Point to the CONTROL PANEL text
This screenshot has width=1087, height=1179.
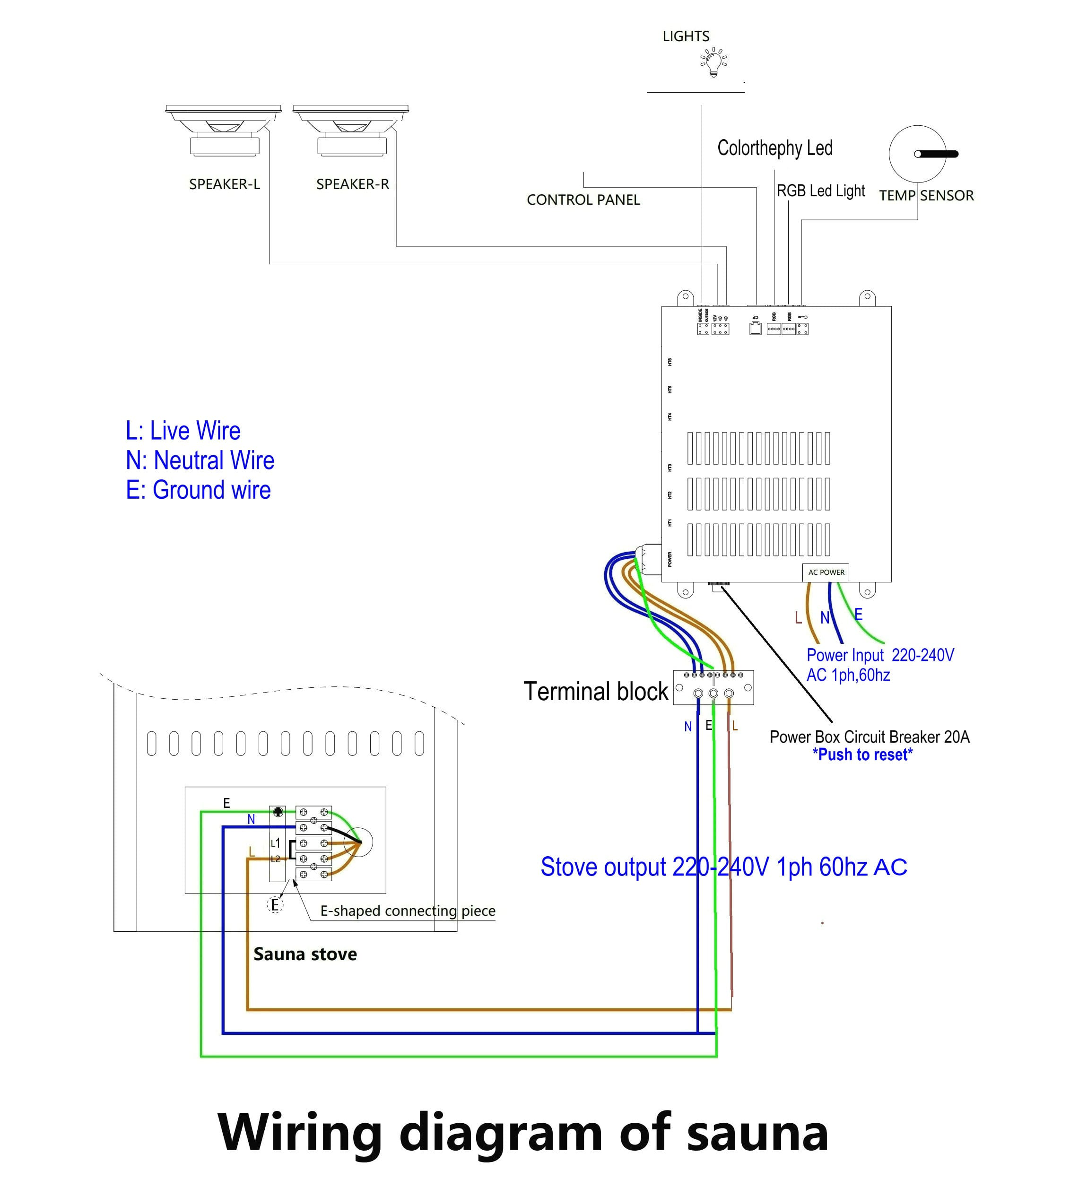583,200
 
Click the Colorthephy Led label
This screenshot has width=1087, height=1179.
774,148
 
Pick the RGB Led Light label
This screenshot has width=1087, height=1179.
820,191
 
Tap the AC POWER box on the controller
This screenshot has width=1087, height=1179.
826,572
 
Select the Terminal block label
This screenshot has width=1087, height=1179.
595,692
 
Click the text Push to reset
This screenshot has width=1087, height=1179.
862,754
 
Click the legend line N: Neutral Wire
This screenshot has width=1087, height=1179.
200,460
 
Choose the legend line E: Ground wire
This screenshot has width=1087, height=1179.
198,490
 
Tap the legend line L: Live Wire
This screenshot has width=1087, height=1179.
183,431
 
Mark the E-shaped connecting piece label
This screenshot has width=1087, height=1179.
408,911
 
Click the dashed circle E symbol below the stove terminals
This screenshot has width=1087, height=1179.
275,905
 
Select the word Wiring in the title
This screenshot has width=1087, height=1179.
300,1132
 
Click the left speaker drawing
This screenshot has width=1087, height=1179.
224,130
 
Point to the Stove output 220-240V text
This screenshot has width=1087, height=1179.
723,867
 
